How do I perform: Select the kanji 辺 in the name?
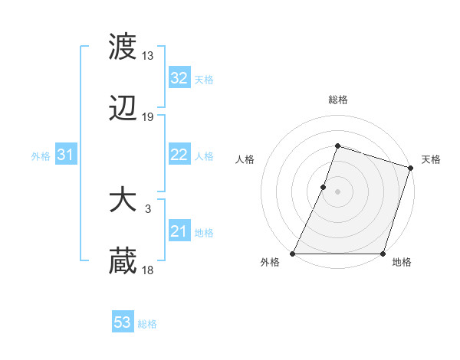click(123, 111)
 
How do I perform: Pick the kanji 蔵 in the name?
click(123, 261)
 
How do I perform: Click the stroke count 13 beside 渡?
click(148, 55)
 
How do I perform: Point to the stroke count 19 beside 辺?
click(148, 117)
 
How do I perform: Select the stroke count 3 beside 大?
click(148, 208)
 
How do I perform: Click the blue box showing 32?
click(179, 77)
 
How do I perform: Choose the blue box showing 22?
click(179, 155)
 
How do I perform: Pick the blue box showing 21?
click(179, 231)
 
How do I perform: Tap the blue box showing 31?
click(66, 155)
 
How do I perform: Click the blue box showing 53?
click(123, 322)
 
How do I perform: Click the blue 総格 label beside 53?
click(148, 324)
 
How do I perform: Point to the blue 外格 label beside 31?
click(41, 156)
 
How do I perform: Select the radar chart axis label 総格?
click(337, 100)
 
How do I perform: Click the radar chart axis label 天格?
click(431, 159)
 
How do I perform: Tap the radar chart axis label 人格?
click(245, 159)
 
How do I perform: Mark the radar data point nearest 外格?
click(293, 254)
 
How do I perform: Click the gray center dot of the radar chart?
click(337, 191)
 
